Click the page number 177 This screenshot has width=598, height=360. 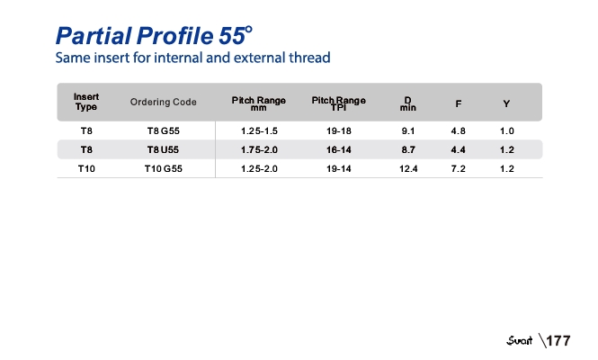tap(558, 340)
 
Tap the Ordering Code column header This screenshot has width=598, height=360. tap(164, 102)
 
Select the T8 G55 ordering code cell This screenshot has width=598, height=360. tap(164, 130)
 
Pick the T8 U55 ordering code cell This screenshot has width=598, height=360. tap(164, 149)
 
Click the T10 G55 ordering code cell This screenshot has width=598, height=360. tap(164, 168)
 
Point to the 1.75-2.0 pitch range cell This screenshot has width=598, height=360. tap(259, 149)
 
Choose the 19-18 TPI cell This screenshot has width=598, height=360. tap(339, 130)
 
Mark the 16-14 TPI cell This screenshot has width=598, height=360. tap(339, 149)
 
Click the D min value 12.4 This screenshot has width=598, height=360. tap(408, 168)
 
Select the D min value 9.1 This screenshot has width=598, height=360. tap(408, 130)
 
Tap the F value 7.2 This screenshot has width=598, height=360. tap(458, 168)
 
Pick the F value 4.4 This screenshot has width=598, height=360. tap(458, 149)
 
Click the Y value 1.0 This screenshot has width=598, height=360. tap(507, 130)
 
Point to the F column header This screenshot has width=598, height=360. tap(459, 103)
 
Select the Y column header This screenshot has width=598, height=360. tap(506, 103)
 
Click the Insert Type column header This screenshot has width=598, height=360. tap(86, 102)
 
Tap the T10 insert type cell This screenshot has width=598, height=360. tap(86, 168)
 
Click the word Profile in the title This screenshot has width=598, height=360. tap(175, 36)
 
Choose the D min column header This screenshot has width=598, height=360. tap(407, 103)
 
